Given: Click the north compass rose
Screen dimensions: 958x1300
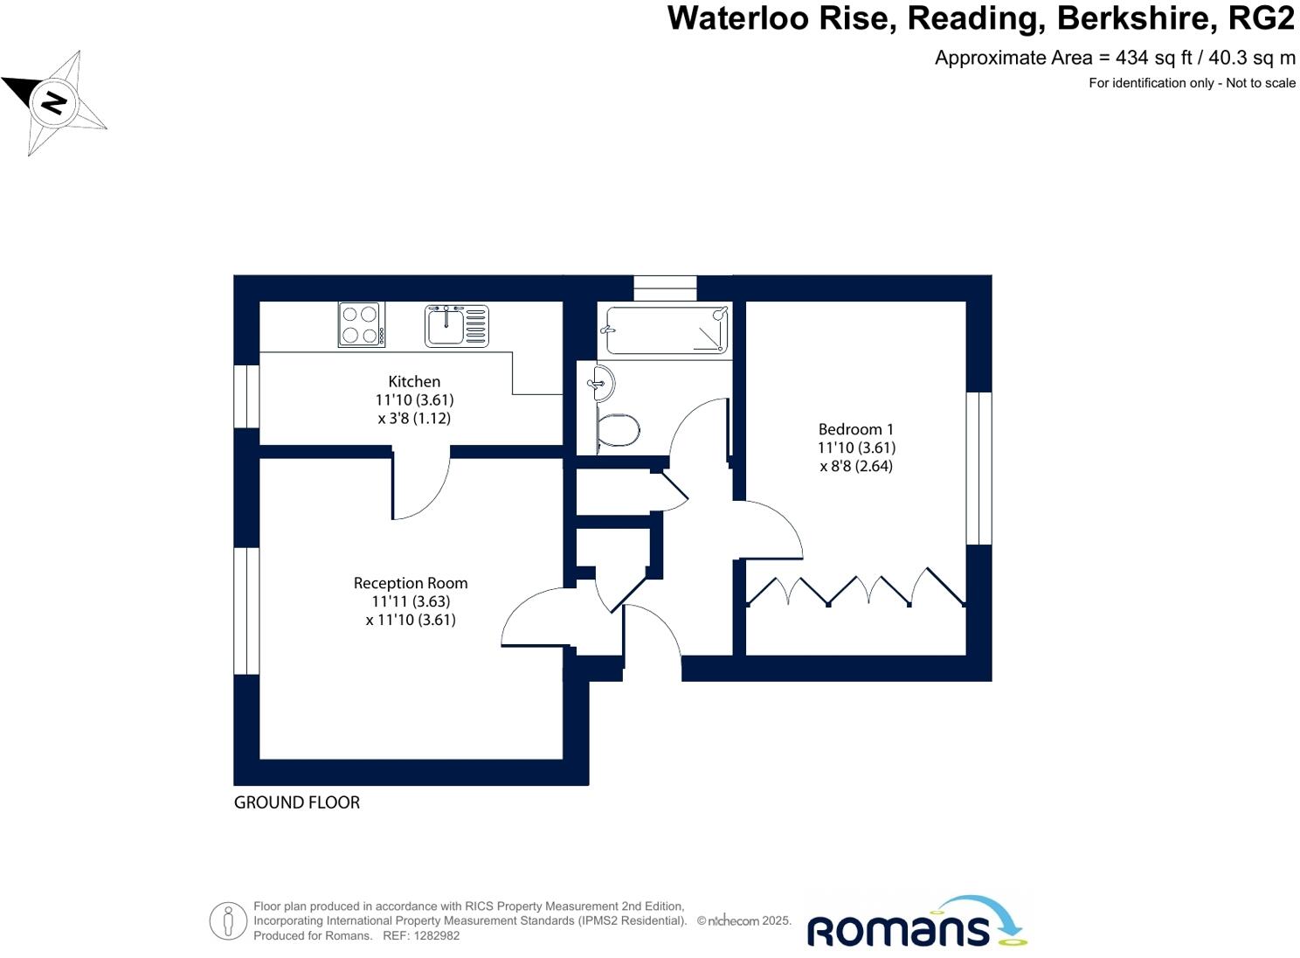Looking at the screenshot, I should (x=55, y=102).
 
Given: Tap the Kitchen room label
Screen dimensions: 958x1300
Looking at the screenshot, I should (x=414, y=382).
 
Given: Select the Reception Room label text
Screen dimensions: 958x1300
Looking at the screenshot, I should (x=411, y=583).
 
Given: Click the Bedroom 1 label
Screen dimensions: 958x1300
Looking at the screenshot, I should (x=855, y=429).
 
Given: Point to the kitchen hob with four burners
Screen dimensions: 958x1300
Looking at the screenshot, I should (x=361, y=324).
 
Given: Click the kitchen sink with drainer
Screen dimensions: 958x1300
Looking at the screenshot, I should (x=456, y=325).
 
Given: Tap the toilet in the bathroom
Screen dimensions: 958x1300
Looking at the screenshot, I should (x=619, y=430).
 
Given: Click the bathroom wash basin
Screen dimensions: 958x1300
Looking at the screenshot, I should (x=604, y=384).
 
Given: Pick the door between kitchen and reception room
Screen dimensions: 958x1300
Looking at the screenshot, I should (x=420, y=486).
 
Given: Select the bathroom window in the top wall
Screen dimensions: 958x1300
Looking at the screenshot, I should (x=665, y=288).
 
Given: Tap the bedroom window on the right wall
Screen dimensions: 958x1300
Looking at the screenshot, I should (x=978, y=468).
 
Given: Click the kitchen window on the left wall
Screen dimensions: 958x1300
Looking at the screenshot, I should (x=247, y=396).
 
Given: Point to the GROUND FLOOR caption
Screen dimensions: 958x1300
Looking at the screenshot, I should (x=297, y=802).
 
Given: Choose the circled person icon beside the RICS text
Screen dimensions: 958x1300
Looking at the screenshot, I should (x=228, y=921).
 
